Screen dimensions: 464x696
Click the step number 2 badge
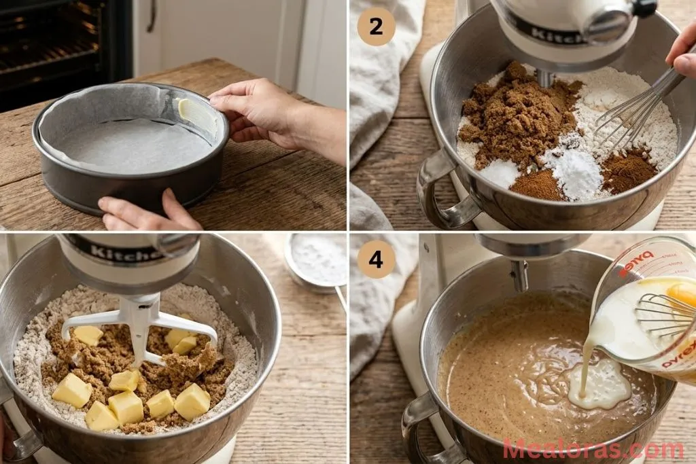(x=376, y=26)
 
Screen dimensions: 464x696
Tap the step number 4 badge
(x=376, y=259)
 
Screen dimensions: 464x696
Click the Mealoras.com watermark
(x=593, y=450)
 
